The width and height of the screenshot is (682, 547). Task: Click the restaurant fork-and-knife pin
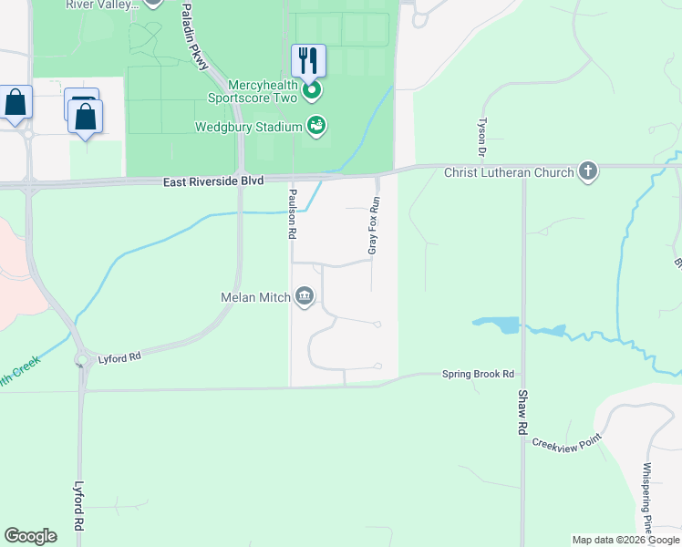coord(308,61)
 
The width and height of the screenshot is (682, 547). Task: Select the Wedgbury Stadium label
coord(248,127)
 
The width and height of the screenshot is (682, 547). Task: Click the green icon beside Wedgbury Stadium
coord(316,126)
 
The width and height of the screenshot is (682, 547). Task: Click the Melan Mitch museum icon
coord(305,296)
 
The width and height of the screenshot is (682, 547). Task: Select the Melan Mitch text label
coord(255,297)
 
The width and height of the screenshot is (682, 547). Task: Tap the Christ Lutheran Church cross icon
coord(588,171)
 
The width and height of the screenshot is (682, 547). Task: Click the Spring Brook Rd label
coord(479,374)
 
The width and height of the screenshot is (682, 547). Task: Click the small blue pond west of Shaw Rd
coord(496,325)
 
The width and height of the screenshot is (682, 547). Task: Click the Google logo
coord(30,536)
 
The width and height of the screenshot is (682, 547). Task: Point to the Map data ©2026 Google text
coord(625,540)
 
